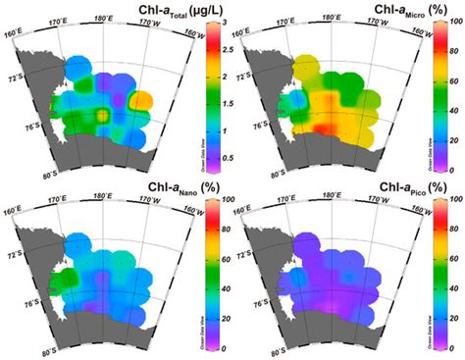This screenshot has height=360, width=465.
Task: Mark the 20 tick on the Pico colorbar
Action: tap(457, 319)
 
